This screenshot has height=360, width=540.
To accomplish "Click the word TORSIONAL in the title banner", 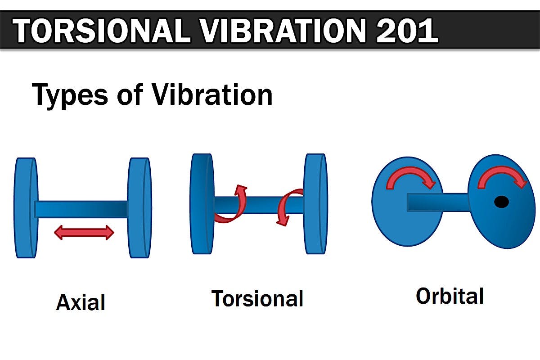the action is pos(101,31).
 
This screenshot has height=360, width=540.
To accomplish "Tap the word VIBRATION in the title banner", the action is pos(282,31).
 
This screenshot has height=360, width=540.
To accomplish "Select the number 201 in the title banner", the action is pos(407,31).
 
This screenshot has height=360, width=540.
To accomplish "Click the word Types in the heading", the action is pos(70,96).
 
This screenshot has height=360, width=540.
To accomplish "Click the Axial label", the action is pos(81,302).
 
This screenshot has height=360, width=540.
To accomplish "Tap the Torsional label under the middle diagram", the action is pos(257,298).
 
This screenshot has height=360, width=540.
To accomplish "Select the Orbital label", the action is pos(450,296).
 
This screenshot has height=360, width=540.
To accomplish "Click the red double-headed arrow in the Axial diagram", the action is pos(84,233).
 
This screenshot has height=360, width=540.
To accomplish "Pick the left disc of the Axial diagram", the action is pos(26,208).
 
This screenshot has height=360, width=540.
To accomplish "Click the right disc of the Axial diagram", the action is pos(139,208).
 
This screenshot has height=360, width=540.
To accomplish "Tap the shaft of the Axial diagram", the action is pos(81,209).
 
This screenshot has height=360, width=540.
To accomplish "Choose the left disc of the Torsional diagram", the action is pos(202,204).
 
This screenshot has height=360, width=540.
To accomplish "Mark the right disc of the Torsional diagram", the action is pos(315,204).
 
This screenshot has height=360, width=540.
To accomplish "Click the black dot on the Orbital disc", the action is pos(501,202).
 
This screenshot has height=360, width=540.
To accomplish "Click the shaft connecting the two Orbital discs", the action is pos(439,202).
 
